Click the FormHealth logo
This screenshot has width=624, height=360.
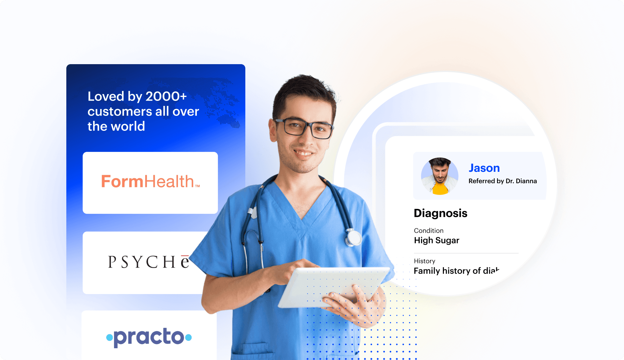[x=150, y=182]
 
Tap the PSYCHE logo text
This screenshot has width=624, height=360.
[x=148, y=262]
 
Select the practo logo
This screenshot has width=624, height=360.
[x=149, y=337]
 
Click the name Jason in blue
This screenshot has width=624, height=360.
[x=484, y=168]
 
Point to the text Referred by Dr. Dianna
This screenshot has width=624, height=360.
[x=502, y=181]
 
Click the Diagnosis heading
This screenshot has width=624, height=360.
[x=440, y=213]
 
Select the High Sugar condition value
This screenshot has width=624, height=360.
[x=436, y=241]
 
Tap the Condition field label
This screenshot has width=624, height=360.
[x=429, y=231]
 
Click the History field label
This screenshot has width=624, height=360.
[x=424, y=261]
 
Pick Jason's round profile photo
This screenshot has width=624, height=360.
[x=440, y=176]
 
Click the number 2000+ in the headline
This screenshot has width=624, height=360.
[x=166, y=96]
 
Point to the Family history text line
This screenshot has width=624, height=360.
[x=456, y=271]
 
